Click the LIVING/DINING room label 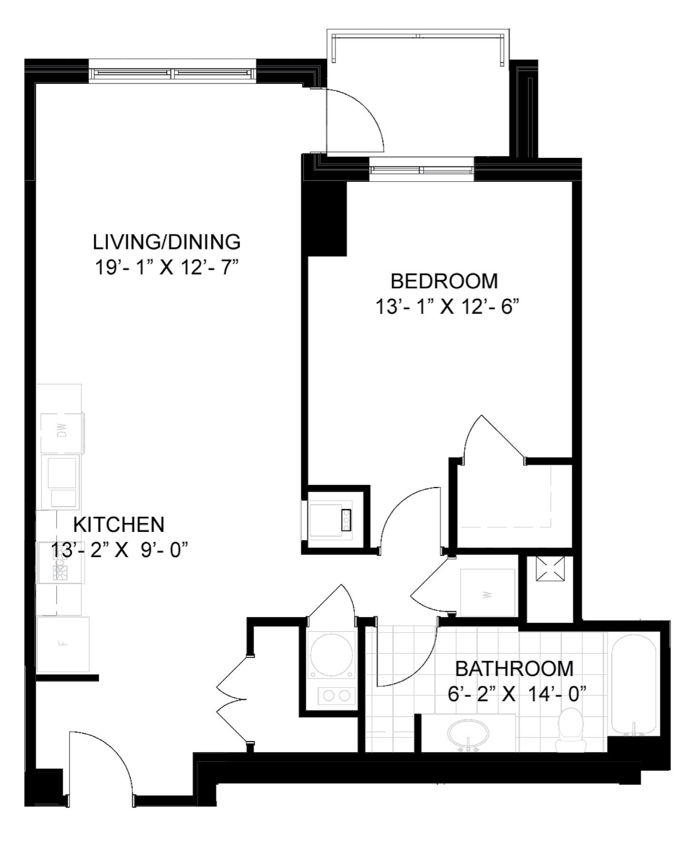pos(167,242)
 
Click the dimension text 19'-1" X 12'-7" pos(167,268)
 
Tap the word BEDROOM pos(444,281)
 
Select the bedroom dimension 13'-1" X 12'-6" pos(446,307)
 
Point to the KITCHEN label pos(119,524)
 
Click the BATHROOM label pos(514,668)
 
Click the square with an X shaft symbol pos(550,568)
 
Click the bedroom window pos(422,170)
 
